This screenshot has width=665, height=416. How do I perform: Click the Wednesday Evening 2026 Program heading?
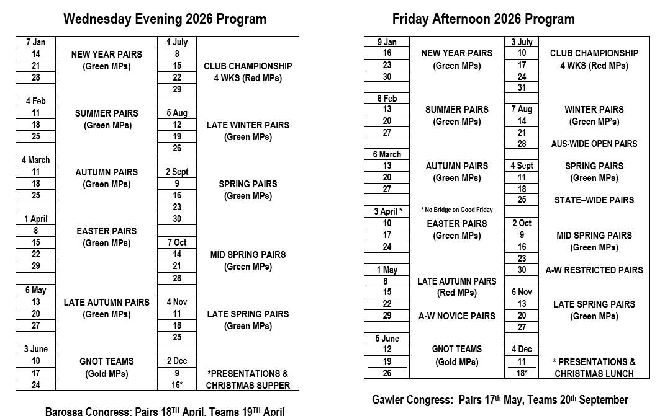(x=165, y=19)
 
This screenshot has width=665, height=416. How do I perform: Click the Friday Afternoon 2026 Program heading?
(x=483, y=19)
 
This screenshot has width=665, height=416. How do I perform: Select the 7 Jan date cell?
(x=36, y=42)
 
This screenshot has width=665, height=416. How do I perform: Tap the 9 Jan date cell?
(x=387, y=42)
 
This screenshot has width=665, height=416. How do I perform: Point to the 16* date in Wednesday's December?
(x=177, y=385)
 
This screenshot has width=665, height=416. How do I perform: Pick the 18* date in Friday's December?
(x=522, y=373)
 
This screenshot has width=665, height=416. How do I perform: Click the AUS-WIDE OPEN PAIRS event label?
(x=594, y=144)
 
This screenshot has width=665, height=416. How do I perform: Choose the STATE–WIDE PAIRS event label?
(x=594, y=200)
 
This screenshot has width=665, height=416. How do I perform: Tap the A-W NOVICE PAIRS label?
(x=456, y=316)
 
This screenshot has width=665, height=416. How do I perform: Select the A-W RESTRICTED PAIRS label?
(x=594, y=270)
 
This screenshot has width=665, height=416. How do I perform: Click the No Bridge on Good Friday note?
(x=456, y=210)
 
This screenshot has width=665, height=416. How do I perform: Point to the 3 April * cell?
(x=387, y=211)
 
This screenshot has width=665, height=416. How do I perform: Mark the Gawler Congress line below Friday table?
(x=499, y=400)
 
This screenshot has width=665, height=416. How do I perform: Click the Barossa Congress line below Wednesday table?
(x=165, y=411)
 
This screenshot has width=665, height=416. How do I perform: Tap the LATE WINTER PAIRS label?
(x=248, y=125)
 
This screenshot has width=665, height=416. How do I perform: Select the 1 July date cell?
(x=177, y=42)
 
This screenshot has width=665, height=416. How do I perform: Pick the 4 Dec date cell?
(x=522, y=349)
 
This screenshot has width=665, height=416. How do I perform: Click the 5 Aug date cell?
(x=177, y=113)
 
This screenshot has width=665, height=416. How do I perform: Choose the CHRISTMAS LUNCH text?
(x=594, y=374)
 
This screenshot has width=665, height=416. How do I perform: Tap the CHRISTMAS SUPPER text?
(x=248, y=386)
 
